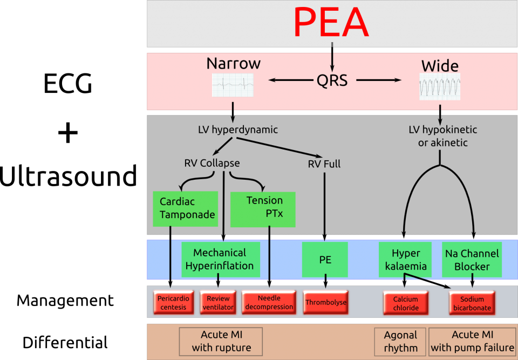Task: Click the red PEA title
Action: pos(331,23)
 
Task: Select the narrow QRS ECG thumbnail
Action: pos(233,85)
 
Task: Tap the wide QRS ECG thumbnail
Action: pos(440,87)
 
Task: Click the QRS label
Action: pos(332,81)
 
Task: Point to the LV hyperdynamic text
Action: pos(237,130)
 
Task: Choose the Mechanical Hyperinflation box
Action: pos(220,260)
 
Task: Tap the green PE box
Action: pos(325,260)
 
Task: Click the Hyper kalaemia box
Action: pos(405,260)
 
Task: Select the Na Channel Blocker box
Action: pos(472,260)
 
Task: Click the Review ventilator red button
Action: pos(218,303)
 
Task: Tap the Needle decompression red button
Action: pos(269,303)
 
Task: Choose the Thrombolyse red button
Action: pos(326,303)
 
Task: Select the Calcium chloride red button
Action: pos(405,303)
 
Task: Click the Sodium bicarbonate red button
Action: pos(472,303)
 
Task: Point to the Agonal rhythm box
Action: pos(400,342)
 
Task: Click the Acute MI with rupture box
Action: pos(221,342)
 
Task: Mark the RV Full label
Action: pos(324,164)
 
